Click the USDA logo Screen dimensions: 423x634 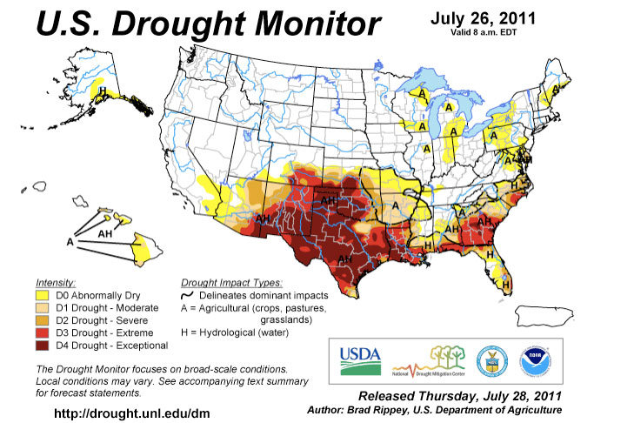(359, 358)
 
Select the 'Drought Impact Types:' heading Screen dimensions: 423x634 (230, 284)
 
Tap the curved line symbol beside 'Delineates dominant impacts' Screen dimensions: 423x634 (186, 296)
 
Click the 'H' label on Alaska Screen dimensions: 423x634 (103, 91)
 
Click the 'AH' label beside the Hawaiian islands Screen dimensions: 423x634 (104, 233)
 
